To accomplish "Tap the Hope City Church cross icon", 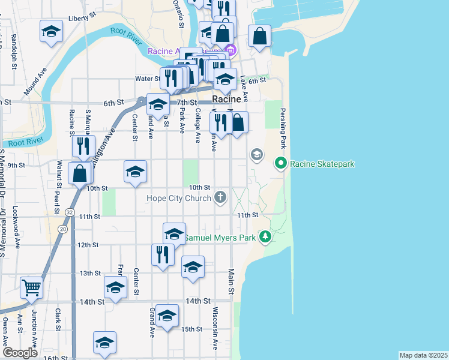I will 221,197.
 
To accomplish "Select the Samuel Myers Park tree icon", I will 265,237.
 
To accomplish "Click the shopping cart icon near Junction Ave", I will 31,287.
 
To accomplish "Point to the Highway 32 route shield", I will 71,212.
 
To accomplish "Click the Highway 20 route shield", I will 62,229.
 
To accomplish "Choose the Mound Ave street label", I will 35,80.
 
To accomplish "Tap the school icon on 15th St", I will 167,316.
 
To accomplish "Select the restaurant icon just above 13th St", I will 163,254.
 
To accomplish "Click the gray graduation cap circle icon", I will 257,155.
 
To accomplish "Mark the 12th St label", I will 88,245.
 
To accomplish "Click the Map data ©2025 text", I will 423,355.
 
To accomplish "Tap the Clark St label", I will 58,319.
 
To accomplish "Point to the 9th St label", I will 16,165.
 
